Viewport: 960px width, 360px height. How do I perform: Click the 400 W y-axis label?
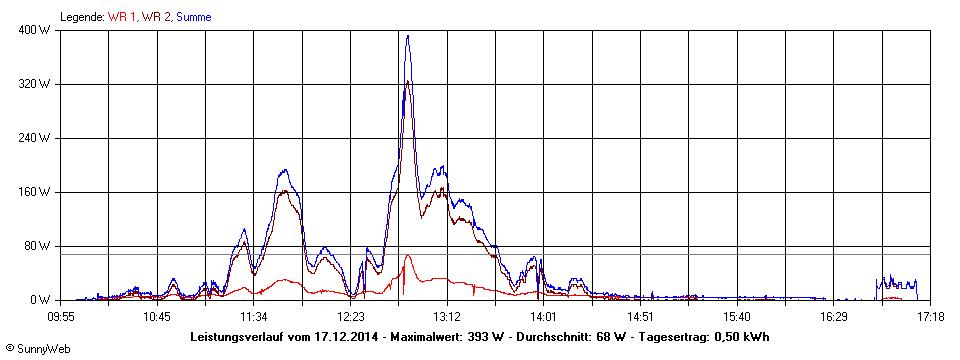(37, 30)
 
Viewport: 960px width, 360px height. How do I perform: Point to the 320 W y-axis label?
(37, 84)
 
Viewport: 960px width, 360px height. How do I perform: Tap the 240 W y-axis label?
(37, 138)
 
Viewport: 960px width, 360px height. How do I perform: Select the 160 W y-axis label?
(37, 192)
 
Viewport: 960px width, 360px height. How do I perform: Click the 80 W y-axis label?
(40, 246)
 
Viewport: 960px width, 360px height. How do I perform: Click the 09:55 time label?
(61, 316)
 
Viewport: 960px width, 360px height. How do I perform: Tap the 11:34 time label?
(254, 316)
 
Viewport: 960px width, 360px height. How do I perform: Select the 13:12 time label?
(447, 316)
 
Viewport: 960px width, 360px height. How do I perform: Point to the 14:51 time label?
(640, 316)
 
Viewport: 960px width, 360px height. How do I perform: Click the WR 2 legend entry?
(157, 17)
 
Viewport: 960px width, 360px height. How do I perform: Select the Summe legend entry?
(194, 17)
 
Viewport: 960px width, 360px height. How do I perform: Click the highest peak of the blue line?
(407, 36)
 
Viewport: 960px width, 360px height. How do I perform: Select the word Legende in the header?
(83, 17)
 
